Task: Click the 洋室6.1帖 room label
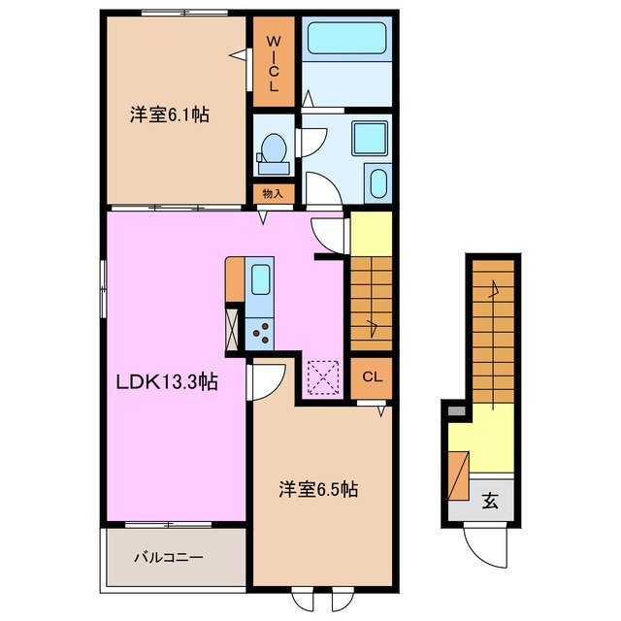pos(170,114)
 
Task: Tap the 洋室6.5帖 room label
pos(319,490)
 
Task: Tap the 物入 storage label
pos(273,193)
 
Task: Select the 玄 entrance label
pos(491,502)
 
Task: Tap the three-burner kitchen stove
pos(260,333)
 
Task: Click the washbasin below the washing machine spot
pos(376,183)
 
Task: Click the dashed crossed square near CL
pos(321,376)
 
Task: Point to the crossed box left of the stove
pos(233,328)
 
